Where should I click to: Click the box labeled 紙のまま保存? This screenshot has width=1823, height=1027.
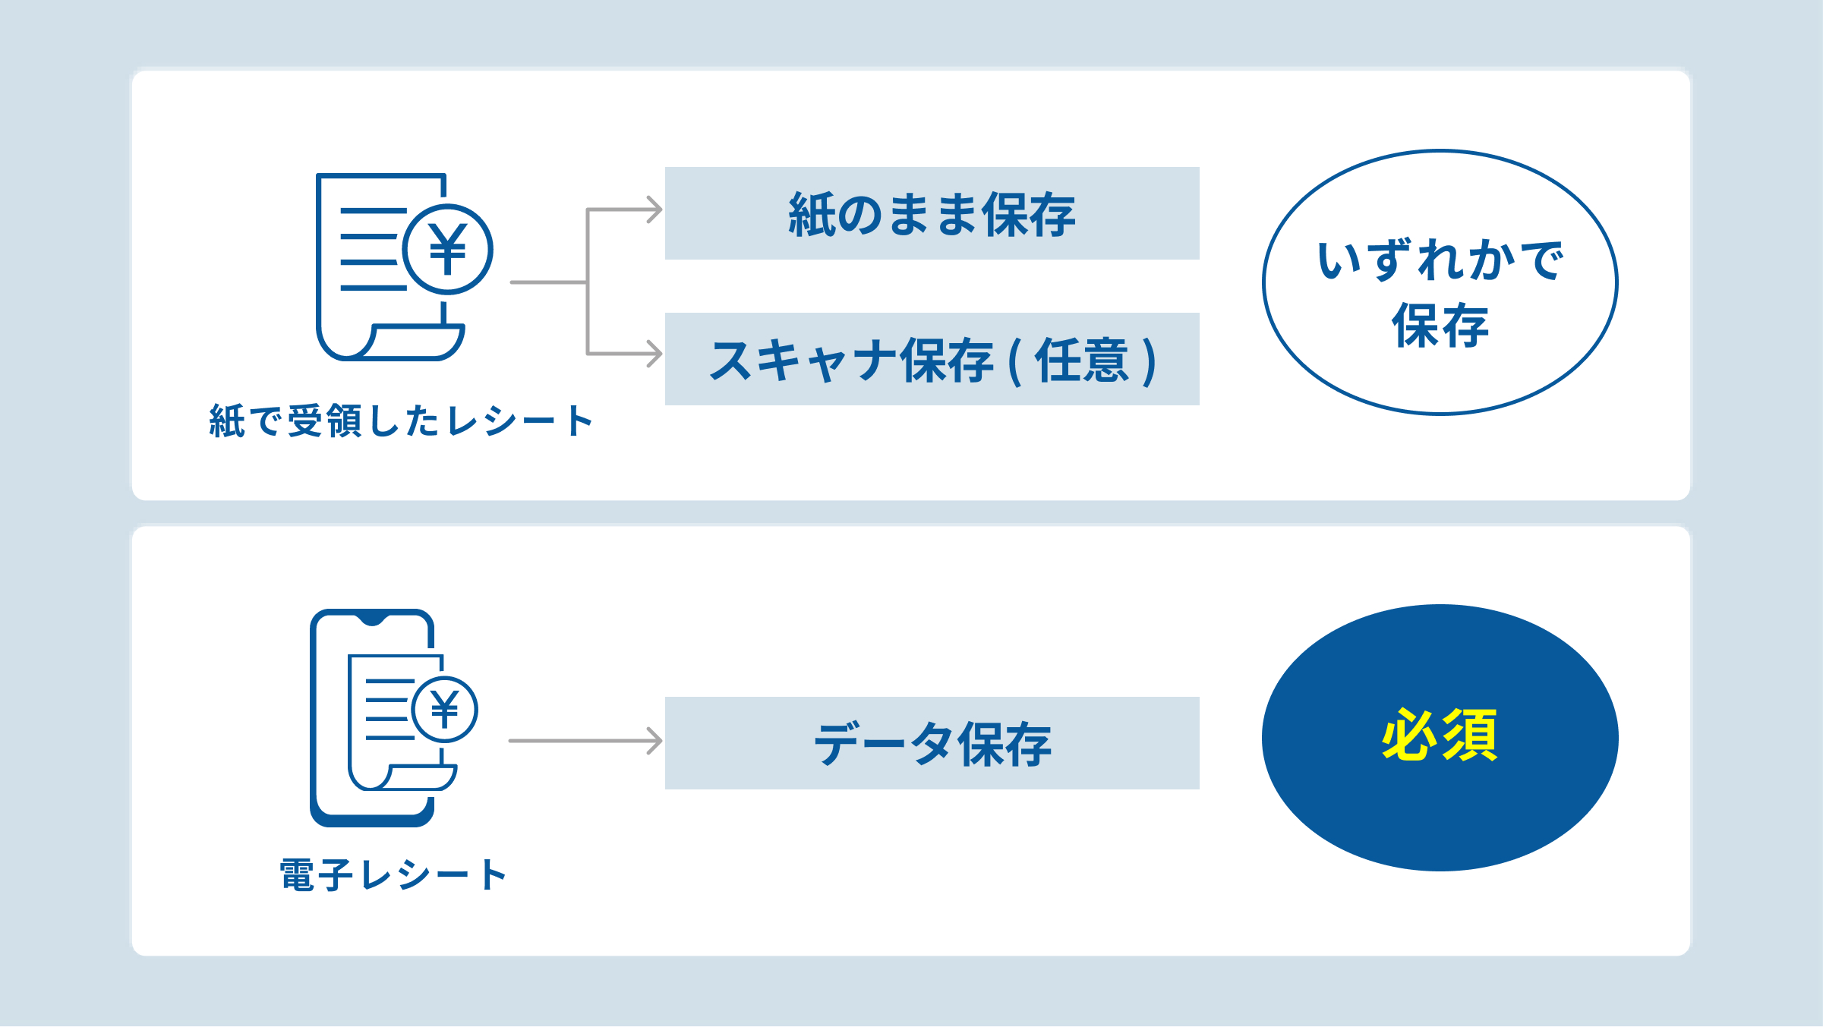(932, 213)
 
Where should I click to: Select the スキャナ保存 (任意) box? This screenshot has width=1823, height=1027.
(932, 359)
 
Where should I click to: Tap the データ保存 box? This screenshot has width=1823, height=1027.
(932, 743)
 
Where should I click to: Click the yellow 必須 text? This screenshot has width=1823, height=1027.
(1440, 735)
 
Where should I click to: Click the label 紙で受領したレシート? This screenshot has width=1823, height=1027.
(401, 421)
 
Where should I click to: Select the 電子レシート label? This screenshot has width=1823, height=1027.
(393, 875)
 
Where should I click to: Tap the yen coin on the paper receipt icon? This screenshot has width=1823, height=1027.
(447, 249)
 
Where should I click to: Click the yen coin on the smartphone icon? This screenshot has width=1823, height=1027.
(445, 710)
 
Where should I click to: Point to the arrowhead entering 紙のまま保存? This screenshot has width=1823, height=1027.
(654, 209)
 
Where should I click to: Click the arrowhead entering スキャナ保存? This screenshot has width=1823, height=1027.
(654, 354)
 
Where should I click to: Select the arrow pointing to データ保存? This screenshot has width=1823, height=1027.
(585, 741)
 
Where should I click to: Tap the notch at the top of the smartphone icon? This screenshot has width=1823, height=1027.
(372, 618)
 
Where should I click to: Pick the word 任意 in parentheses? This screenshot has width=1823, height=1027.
(1082, 360)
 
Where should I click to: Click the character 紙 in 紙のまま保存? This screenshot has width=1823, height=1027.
(812, 214)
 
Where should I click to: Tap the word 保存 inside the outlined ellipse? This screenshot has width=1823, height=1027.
(1440, 326)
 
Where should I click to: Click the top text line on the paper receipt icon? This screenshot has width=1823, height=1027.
(374, 210)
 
